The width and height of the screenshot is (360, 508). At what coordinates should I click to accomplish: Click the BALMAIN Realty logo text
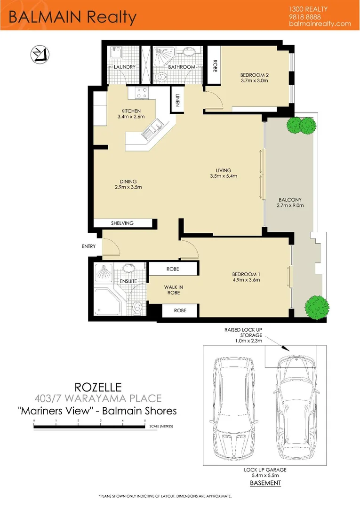[x=72, y=17]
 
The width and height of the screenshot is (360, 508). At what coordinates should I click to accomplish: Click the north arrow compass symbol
[x=37, y=55]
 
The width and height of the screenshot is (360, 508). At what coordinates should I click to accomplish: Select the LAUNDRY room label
[x=125, y=67]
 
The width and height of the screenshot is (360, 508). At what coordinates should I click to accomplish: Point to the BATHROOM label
[x=182, y=67]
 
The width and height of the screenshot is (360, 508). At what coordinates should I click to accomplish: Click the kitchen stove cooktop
[x=141, y=93]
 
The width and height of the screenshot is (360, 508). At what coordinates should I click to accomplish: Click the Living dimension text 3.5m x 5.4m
[x=224, y=176]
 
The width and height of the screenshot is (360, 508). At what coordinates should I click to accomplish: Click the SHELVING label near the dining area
[x=122, y=223]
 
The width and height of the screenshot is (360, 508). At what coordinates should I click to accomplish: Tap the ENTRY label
[x=88, y=246]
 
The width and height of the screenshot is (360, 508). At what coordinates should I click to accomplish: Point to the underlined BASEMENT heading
[x=265, y=483]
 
